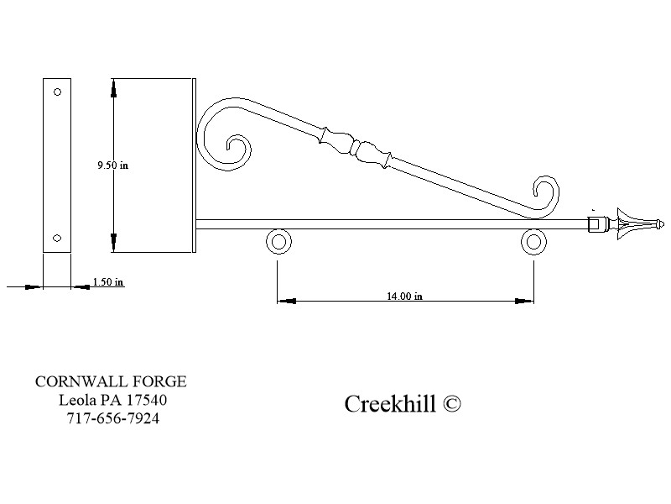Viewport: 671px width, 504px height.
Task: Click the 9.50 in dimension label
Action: point(113,165)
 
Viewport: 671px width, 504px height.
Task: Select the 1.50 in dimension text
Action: point(108,282)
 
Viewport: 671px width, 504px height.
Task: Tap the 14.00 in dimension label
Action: point(404,296)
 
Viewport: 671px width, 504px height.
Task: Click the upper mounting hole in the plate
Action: point(57,92)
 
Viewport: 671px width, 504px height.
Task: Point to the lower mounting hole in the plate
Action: point(57,238)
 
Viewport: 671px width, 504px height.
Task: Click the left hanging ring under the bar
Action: point(278,243)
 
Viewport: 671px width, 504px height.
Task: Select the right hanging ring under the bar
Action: point(533,243)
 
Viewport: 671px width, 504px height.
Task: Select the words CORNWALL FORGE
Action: point(111,381)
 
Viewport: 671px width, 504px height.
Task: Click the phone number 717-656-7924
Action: point(112,417)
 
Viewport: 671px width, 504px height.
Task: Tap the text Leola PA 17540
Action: point(112,400)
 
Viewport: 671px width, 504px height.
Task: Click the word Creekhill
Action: point(390,404)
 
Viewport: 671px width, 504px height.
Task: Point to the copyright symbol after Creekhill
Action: point(451,404)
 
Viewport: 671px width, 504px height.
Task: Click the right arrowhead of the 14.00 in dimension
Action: point(527,299)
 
